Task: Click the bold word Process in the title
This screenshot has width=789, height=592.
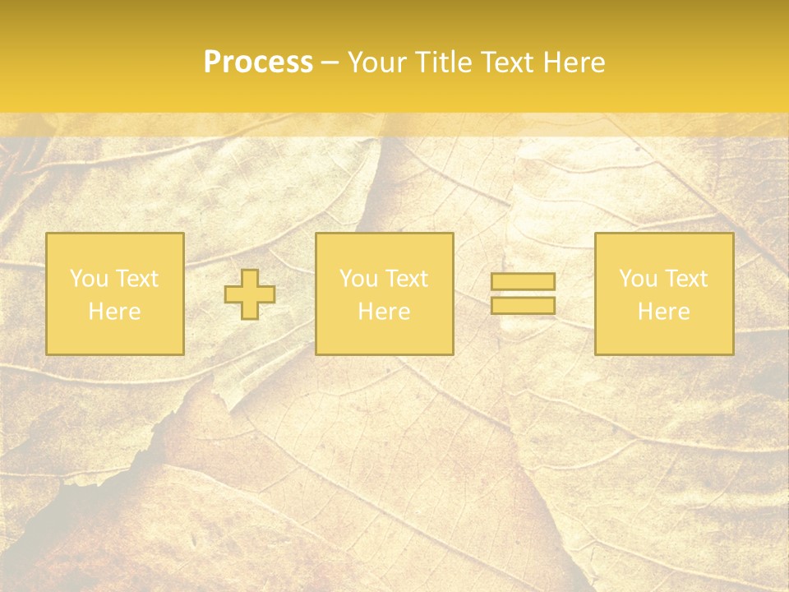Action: pos(258,62)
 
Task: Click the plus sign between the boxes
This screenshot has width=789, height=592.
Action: pos(250,294)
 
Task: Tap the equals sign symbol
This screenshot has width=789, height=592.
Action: pos(523,294)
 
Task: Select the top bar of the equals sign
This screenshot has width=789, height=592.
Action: pos(523,281)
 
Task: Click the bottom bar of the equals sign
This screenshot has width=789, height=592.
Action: pos(523,306)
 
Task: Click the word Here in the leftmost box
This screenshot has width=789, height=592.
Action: pos(115,312)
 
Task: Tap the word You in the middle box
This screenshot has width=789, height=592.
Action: pos(358,279)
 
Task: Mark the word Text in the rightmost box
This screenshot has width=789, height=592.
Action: pos(687,279)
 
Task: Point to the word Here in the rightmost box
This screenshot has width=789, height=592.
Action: pos(664,312)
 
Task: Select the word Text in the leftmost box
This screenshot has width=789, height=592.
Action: pos(137,279)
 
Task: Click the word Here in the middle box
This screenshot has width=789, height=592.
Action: pos(385,312)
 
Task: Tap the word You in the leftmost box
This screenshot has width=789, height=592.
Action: pos(89,279)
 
